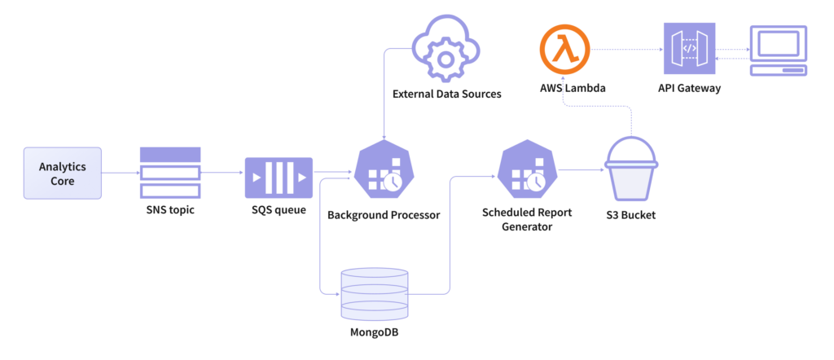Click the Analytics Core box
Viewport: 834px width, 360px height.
[x=63, y=173]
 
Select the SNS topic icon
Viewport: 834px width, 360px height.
[x=169, y=173]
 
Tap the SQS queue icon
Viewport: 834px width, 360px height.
[x=279, y=178]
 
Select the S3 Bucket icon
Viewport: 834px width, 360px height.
[x=632, y=171]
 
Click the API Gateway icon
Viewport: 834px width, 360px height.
[x=689, y=49]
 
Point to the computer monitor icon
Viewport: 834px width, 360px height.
[x=779, y=50]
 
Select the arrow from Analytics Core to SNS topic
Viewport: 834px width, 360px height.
[x=121, y=173]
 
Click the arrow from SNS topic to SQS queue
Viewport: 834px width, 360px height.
[x=222, y=173]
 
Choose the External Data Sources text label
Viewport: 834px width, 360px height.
[x=446, y=94]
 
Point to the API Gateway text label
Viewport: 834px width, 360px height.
[x=689, y=88]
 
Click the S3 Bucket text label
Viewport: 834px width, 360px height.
[x=632, y=216]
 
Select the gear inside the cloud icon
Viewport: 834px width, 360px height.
[x=445, y=58]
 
